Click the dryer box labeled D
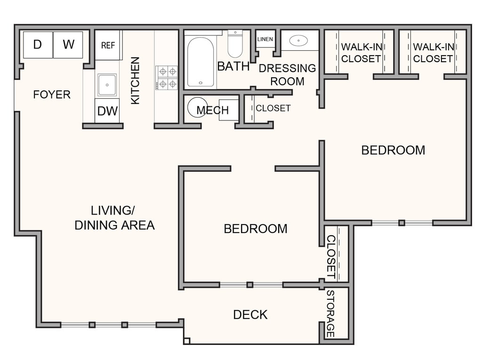coord(38,45)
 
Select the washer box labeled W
coord(68,45)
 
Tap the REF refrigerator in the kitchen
coord(107,45)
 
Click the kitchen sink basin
coord(107,85)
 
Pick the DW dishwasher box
coord(107,111)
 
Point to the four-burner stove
coord(166,78)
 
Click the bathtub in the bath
coord(201,62)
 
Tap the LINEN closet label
coord(265,39)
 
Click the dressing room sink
coord(298,40)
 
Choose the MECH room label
coord(212,110)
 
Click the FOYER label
coord(52,95)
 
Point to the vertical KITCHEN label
coord(135,80)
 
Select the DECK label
coord(250,314)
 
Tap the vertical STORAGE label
coord(330,313)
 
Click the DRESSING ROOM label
coord(287,74)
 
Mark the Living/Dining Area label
coord(114,218)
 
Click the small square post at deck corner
coord(186,341)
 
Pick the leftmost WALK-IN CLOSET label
coord(361,53)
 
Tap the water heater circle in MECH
coord(197,107)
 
